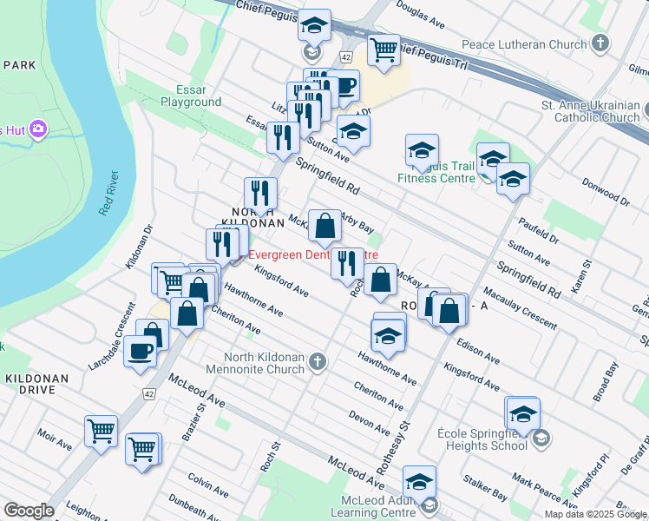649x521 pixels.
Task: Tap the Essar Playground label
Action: (x=191, y=96)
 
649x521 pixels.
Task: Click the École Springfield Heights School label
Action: (x=482, y=439)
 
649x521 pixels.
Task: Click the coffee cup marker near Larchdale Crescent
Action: (x=141, y=351)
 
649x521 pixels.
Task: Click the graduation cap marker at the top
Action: (x=314, y=24)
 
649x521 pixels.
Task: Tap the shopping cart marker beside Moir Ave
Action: (x=101, y=431)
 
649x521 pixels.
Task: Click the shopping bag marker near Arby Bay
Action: (x=324, y=227)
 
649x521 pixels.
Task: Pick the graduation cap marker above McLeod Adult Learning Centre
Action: (x=418, y=481)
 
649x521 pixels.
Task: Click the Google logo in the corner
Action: (x=29, y=511)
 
